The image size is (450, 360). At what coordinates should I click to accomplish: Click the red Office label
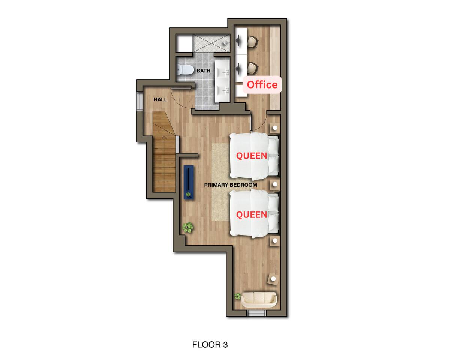262,84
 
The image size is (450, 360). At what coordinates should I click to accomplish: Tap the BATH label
203,71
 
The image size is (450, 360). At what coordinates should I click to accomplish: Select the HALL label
160,100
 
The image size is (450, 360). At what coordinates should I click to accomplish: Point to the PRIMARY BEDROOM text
231,185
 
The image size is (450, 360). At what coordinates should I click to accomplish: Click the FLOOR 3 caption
210,345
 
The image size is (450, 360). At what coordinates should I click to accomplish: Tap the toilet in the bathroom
184,70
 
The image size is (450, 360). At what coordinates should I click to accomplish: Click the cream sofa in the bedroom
259,300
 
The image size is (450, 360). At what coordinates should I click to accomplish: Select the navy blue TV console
189,182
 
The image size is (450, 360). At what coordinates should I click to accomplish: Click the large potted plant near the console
188,228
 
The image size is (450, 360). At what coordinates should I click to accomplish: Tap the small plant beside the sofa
237,296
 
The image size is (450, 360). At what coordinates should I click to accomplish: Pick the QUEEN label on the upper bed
252,156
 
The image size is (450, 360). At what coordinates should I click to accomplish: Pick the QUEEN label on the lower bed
252,215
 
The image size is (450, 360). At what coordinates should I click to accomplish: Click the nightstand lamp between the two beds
275,184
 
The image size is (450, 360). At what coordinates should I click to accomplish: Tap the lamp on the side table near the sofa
273,279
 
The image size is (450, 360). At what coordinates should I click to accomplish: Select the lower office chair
252,68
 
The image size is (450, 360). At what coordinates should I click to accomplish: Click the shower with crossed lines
211,43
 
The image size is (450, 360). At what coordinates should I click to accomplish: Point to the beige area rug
221,182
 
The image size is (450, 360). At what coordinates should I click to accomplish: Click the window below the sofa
256,313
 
